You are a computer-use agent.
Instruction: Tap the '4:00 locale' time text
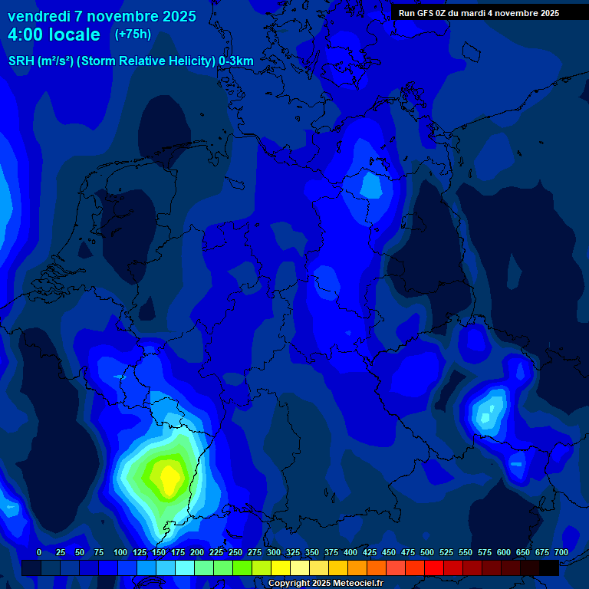54,35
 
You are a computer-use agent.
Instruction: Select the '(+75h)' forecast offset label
133,35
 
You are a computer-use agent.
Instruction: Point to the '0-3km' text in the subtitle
236,61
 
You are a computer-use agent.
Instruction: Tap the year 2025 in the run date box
545,13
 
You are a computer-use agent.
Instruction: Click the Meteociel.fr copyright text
325,584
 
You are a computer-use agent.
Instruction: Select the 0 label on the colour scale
39,552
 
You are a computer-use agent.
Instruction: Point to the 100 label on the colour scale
120,552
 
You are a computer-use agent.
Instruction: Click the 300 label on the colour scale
274,552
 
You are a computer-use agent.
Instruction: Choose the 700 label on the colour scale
561,552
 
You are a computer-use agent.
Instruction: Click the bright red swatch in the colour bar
434,568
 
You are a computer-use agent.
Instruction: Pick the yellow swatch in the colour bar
281,568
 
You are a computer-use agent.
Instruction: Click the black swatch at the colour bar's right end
549,568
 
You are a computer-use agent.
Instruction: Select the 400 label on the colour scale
350,552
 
